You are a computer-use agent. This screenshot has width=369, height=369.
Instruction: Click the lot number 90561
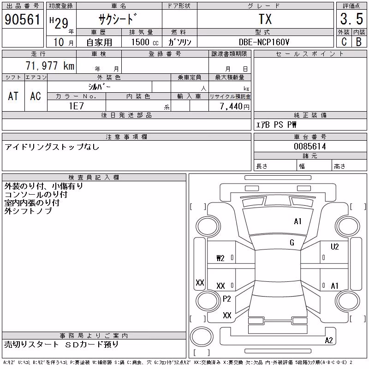point(23,19)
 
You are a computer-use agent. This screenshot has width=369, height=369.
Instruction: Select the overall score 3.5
point(351,19)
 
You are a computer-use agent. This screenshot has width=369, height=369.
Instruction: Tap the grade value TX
point(265,19)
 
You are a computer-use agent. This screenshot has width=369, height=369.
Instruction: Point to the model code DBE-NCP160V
point(264,42)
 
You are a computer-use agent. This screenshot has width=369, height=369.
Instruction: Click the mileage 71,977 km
point(50,65)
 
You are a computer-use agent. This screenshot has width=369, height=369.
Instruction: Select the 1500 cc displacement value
point(145,42)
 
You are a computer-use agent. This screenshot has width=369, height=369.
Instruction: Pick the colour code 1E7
point(76,106)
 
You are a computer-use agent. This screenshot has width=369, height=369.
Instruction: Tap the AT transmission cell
point(13,96)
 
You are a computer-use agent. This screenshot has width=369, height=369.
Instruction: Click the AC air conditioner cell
point(36,96)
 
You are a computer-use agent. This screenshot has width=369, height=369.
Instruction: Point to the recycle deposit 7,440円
point(234,107)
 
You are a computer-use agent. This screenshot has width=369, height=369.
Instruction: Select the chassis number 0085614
point(310,146)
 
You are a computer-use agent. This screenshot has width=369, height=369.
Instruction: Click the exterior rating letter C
point(344,42)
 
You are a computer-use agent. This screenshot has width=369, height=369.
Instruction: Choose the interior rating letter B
point(359,42)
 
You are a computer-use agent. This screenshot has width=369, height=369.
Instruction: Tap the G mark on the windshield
point(292,243)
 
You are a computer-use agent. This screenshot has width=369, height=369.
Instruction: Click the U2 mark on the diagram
point(335,247)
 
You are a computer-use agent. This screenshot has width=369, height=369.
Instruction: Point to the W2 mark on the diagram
point(220,258)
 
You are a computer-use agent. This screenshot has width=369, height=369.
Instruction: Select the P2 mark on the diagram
point(226,299)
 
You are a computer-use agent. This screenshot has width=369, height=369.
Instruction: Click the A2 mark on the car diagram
point(329,340)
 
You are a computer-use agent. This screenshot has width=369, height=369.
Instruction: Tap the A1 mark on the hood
point(298,221)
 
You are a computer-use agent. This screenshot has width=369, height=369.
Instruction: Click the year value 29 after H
point(61,23)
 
